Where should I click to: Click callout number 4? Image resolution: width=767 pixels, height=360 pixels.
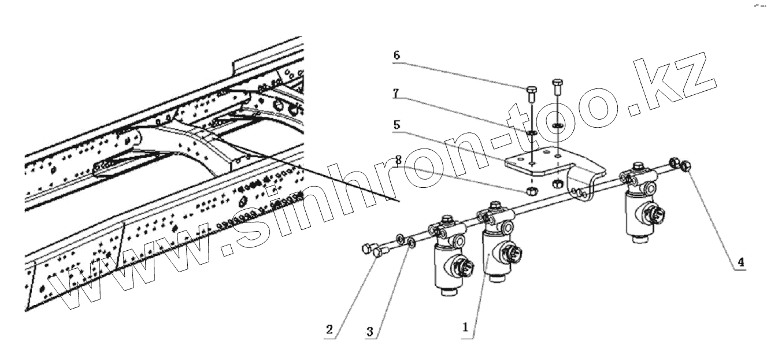[x=739, y=262]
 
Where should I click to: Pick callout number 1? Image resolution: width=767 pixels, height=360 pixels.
[x=465, y=326]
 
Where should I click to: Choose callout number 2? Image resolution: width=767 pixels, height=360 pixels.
[x=328, y=330]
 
